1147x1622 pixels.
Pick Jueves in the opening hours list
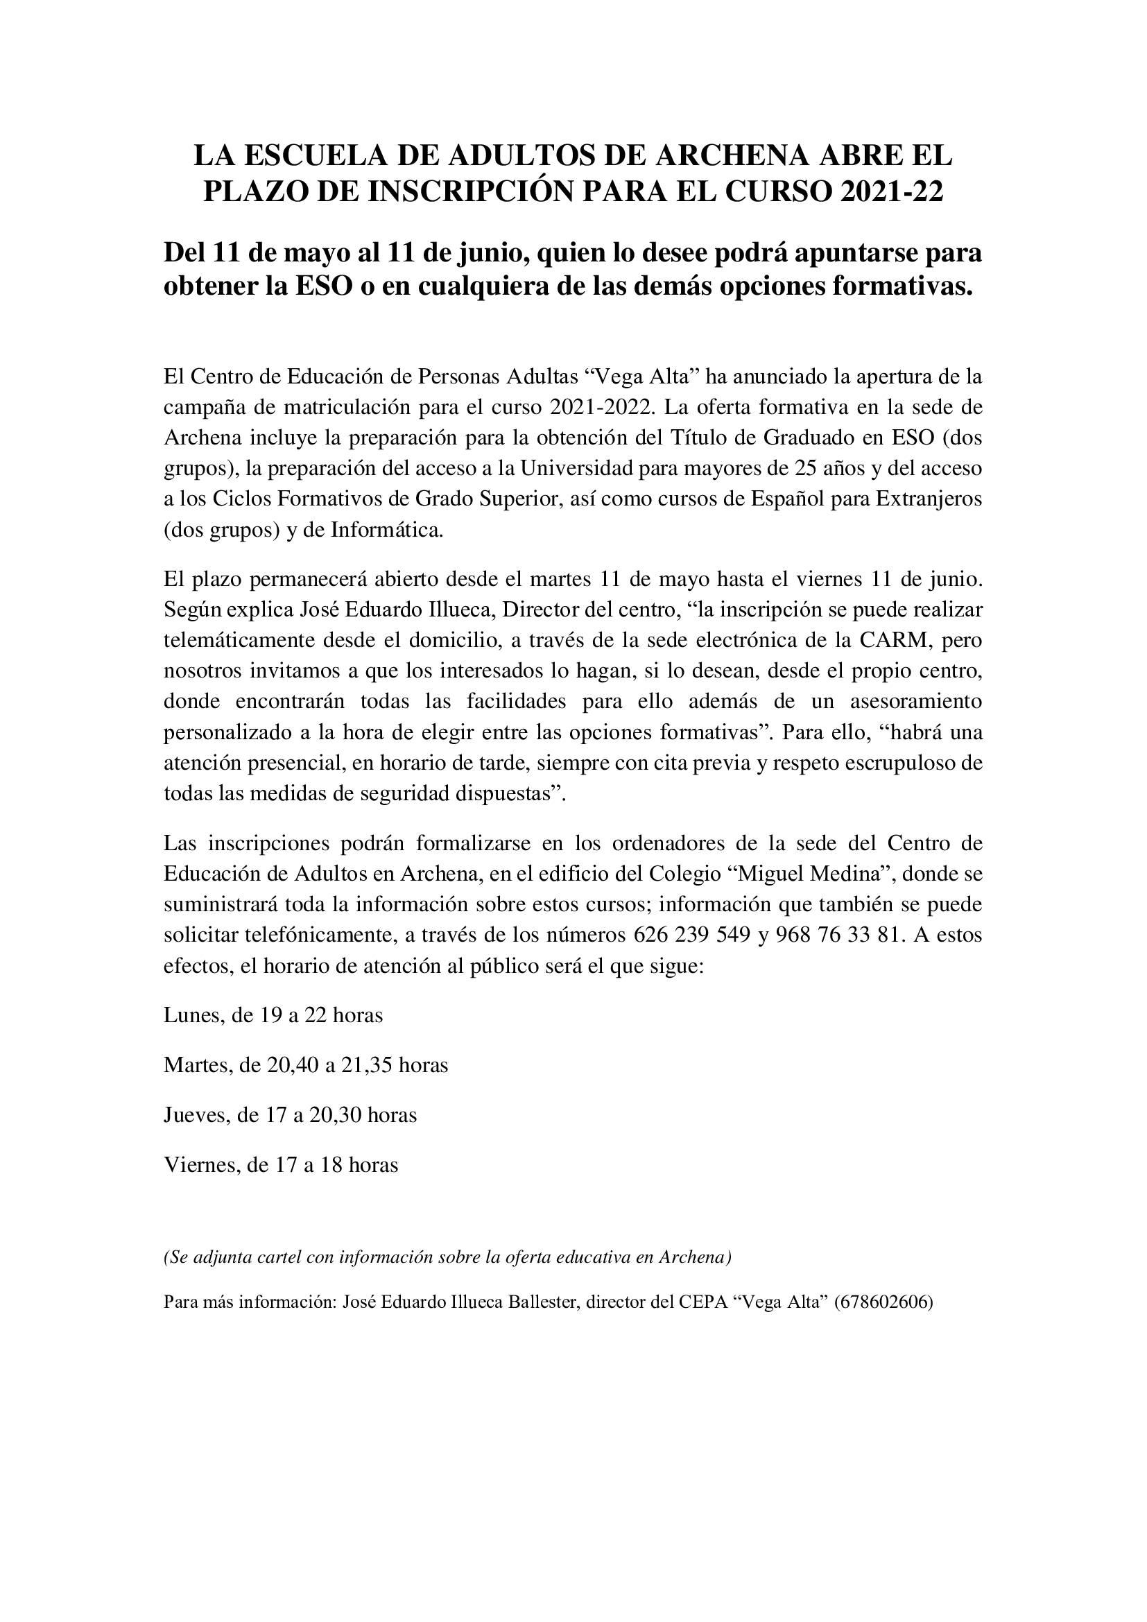pyautogui.click(x=195, y=1115)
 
